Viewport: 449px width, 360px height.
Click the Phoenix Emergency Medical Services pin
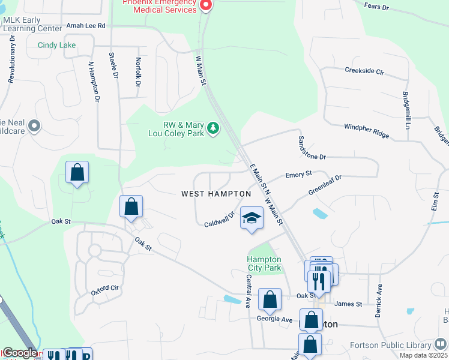(206, 6)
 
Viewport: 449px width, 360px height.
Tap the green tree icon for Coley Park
(212, 127)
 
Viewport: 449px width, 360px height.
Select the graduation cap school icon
(252, 218)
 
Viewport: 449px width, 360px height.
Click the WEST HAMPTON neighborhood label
(216, 194)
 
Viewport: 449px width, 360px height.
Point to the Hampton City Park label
(264, 264)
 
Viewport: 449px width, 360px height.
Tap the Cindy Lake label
(57, 45)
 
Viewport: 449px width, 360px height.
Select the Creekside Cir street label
(364, 71)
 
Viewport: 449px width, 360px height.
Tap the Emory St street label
(298, 174)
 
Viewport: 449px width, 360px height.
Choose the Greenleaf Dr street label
(325, 185)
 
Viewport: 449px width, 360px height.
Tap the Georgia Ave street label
(274, 319)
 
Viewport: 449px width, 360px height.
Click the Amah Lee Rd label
(86, 26)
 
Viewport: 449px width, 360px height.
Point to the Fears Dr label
(376, 7)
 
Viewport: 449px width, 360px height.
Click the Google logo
(20, 353)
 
